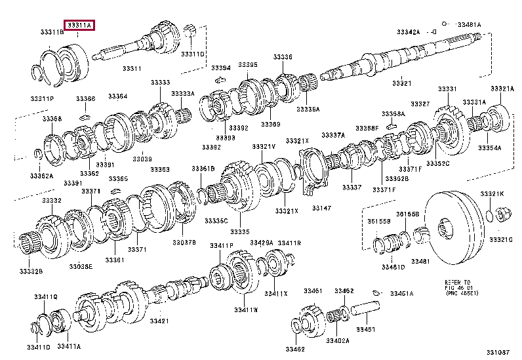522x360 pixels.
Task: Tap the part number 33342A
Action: (408, 31)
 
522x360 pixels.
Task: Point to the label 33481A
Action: (469, 24)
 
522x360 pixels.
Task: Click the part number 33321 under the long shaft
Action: (401, 83)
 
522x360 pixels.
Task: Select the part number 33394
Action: (220, 68)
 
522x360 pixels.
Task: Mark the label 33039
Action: (142, 159)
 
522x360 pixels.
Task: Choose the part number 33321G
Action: (502, 239)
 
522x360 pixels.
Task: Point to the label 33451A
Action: (403, 293)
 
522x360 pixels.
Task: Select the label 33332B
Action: (31, 271)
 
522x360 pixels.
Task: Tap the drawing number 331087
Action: (497, 353)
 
